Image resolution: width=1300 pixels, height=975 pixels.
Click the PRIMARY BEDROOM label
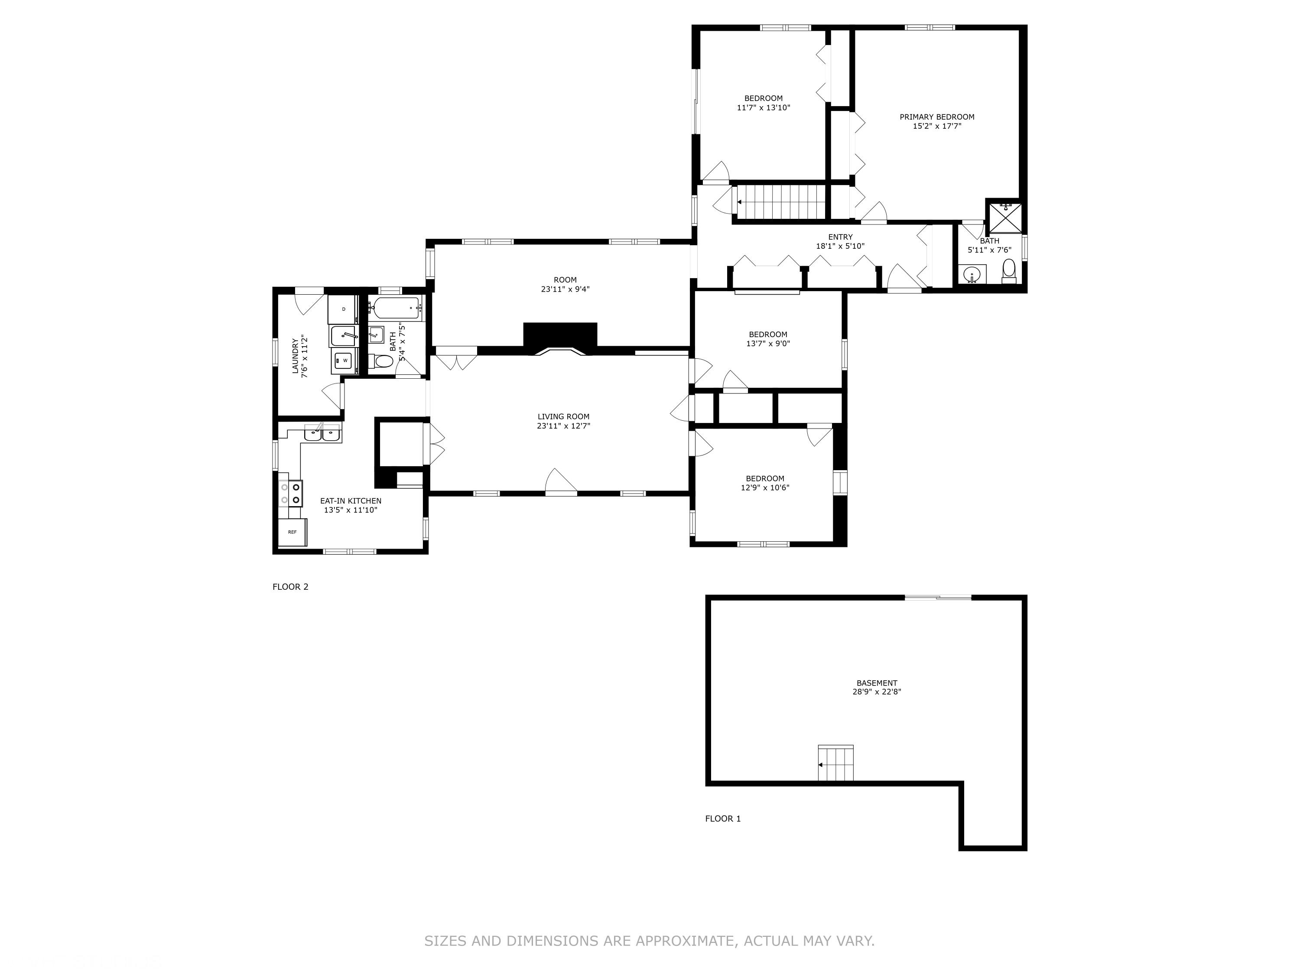937,117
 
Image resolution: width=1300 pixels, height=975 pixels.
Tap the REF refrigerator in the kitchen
292,532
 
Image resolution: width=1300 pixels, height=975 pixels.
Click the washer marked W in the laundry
344,360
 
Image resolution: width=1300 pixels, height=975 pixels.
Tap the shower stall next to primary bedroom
1006,218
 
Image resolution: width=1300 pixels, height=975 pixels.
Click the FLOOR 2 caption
290,587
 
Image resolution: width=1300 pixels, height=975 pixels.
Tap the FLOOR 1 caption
723,819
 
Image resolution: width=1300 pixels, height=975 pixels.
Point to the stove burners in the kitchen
291,493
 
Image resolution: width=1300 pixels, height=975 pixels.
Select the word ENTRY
840,237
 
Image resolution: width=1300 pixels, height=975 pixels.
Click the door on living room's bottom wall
561,483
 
